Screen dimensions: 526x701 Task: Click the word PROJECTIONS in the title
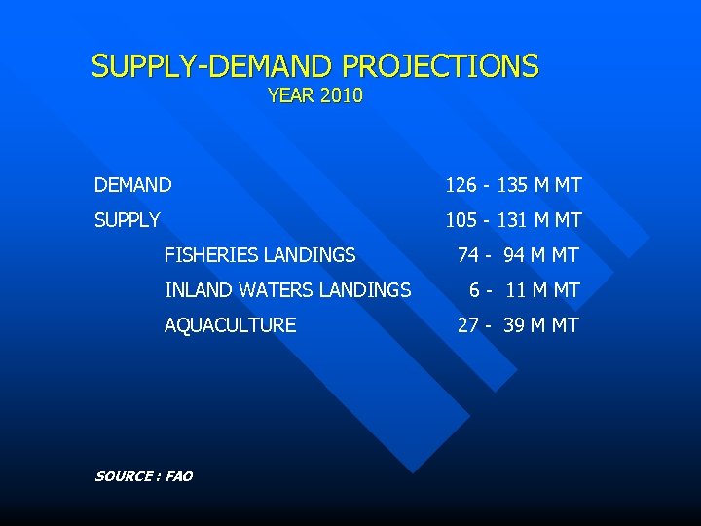click(439, 66)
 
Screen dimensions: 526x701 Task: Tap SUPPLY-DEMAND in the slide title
click(213, 66)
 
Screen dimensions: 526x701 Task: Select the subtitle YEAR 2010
click(314, 95)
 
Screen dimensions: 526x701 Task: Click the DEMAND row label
click(133, 185)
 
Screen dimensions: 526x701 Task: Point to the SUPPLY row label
click(128, 220)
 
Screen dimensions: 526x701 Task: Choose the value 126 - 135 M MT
click(513, 185)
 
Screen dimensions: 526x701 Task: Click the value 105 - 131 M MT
click(513, 220)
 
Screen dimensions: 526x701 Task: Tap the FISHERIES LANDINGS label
click(260, 255)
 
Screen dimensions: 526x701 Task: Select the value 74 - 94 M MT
click(518, 255)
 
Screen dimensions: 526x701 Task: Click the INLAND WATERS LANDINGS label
click(287, 290)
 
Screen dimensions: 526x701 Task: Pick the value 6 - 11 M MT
click(524, 290)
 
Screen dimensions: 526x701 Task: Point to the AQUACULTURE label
click(230, 325)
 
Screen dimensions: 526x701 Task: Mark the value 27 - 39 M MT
click(518, 325)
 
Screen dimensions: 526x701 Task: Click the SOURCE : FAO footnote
click(143, 476)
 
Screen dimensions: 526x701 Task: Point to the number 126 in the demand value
click(461, 185)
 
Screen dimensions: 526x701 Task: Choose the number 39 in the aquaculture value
click(514, 325)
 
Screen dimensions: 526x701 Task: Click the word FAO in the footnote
click(179, 476)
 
